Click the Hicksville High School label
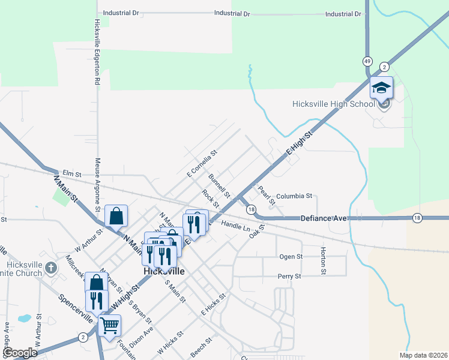[333, 103]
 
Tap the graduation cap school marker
[381, 88]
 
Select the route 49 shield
[367, 61]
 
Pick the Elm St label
[72, 173]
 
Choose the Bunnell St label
[219, 185]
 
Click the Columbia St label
[295, 196]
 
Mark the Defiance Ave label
[324, 218]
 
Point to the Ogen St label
[291, 257]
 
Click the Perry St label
[289, 276]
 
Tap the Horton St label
[323, 261]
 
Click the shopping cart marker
[110, 325]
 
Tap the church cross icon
[52, 268]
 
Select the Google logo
[20, 353]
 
